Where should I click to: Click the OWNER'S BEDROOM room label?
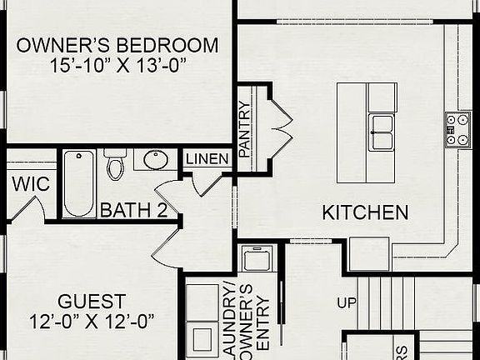coord(117,45)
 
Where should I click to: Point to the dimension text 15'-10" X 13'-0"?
coord(117,64)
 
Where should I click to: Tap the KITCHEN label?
coord(365,212)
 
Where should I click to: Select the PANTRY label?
coord(244,128)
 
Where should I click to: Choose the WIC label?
coord(31,184)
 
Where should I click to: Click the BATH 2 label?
coord(133,210)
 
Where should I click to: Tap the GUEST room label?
coord(92,301)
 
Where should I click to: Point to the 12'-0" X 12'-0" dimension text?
coord(92,320)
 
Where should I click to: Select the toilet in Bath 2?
coord(115,164)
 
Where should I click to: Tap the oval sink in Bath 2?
coord(156,159)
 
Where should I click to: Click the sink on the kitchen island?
coord(382,130)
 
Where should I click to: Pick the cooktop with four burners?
coord(458,130)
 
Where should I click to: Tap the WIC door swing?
coord(31,208)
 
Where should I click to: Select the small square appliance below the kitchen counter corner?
coord(368,254)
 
